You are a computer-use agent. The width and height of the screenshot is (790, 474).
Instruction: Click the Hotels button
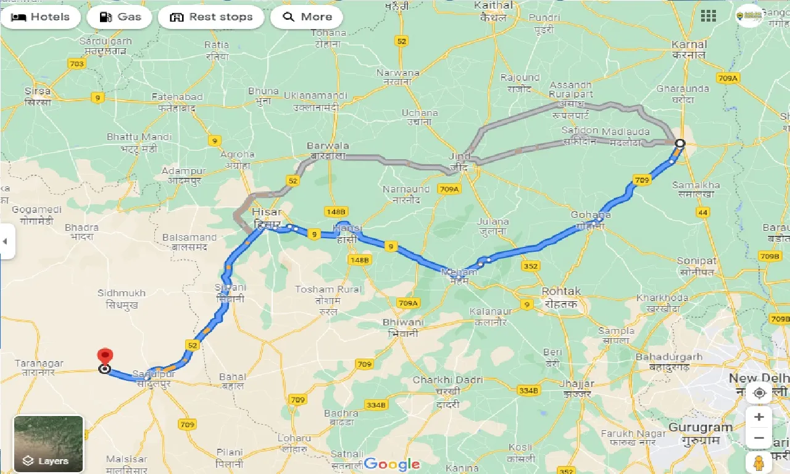(x=41, y=17)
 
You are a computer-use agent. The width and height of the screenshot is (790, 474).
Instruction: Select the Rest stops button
(x=211, y=17)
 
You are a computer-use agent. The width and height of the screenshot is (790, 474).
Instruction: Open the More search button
(x=307, y=17)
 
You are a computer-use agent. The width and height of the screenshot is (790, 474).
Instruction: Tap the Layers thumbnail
(x=48, y=444)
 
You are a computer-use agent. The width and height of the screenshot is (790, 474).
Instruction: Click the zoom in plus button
(x=759, y=417)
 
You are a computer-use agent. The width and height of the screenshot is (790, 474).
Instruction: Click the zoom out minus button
(x=759, y=438)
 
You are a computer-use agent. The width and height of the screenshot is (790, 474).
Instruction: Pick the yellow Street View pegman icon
(x=759, y=462)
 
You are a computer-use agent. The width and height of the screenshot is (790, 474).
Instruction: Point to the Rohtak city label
(x=561, y=291)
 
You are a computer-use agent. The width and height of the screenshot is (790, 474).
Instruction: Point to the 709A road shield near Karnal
(x=728, y=78)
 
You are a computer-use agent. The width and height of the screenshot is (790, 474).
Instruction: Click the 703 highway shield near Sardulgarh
(x=77, y=64)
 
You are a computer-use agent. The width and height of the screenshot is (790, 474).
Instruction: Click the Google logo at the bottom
(x=391, y=464)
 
